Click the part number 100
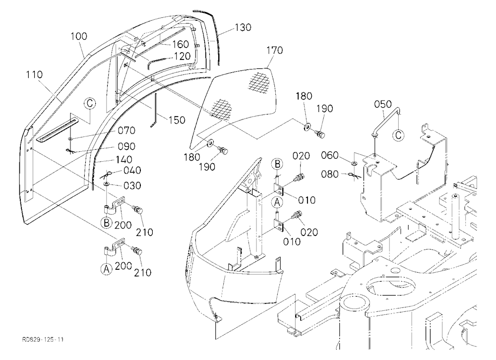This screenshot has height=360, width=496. pos(79,36)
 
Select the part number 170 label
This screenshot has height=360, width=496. pos(275,50)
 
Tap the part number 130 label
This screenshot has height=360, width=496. pos(243,28)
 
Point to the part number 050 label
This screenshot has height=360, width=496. pos(383,104)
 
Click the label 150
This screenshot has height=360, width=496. pos(177,120)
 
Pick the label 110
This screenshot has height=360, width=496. pos(34,75)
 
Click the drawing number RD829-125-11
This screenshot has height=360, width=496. pos(43,340)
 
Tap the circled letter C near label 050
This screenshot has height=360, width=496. pos(398,135)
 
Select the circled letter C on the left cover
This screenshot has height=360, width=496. pos(90,104)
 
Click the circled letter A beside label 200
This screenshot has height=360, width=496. pos(107,269)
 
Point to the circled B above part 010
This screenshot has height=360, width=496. pos(277,164)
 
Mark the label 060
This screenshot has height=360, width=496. pos(330,156)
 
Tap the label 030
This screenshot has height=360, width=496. pos(132,185)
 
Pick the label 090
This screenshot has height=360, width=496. pos(126,146)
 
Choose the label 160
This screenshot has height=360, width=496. pos(181,44)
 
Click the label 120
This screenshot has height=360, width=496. pos(182,57)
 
